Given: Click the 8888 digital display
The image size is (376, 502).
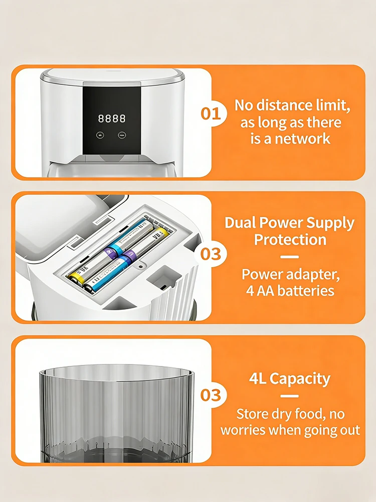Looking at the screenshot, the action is (x=112, y=118).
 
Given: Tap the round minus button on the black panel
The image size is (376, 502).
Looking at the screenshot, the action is (x=122, y=135).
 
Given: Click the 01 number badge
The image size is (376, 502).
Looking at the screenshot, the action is (x=211, y=113).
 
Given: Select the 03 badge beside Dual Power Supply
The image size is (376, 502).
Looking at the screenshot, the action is (x=211, y=254).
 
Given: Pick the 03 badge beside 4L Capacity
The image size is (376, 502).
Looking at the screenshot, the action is (x=211, y=395).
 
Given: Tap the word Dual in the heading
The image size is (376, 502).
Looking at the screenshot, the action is (x=240, y=222).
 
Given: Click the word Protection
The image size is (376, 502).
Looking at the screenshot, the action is (x=290, y=239).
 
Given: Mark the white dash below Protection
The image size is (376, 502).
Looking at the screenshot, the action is (x=290, y=257).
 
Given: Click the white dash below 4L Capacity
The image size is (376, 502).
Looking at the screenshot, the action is (x=290, y=397).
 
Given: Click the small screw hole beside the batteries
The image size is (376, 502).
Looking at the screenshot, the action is (x=140, y=266).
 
